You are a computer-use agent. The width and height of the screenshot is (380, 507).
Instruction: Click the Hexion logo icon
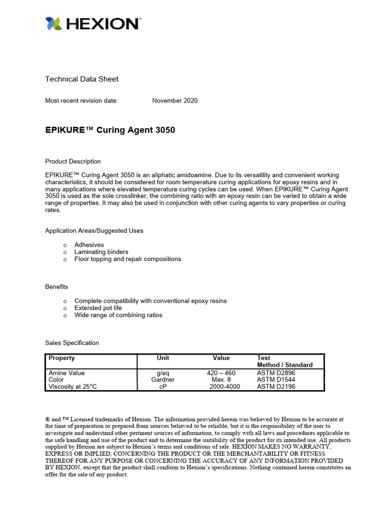click(53, 24)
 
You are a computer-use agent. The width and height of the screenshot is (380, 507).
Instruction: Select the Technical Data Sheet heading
click(82, 79)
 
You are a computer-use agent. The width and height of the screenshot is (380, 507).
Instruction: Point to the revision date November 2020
click(175, 101)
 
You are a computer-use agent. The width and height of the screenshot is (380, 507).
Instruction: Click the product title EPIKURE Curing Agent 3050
click(110, 130)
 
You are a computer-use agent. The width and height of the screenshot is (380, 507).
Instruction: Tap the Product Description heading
click(73, 161)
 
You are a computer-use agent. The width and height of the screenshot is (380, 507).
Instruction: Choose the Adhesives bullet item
click(89, 245)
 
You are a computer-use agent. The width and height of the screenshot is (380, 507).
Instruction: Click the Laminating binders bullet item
click(101, 252)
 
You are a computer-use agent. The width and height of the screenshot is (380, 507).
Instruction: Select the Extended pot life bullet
click(98, 308)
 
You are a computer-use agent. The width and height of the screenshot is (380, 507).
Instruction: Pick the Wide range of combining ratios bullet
click(118, 315)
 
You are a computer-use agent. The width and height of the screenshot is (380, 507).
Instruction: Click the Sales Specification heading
click(72, 343)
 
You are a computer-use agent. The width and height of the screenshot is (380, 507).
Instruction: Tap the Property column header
click(62, 358)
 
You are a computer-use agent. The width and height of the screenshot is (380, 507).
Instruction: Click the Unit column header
click(163, 358)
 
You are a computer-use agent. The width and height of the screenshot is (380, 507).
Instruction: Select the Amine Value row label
click(67, 373)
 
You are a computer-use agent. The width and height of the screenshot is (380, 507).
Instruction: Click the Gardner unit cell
click(163, 380)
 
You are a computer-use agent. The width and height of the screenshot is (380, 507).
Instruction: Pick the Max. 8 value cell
click(221, 380)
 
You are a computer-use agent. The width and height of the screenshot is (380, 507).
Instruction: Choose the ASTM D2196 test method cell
click(276, 387)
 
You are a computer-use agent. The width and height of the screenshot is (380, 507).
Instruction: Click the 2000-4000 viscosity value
click(225, 387)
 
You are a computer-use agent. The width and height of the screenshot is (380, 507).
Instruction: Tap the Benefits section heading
click(56, 287)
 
